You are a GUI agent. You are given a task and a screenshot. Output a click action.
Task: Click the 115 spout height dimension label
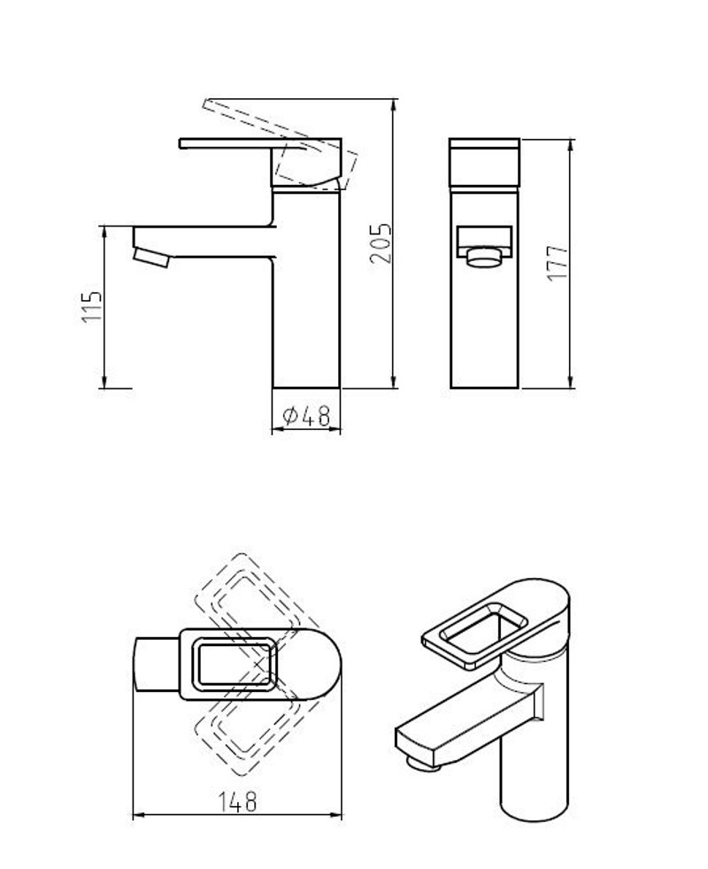point(92,306)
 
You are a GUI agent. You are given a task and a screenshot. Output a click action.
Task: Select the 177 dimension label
point(558,262)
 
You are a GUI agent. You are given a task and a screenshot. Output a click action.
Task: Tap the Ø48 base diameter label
point(306,416)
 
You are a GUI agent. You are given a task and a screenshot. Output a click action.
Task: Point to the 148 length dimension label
point(237,802)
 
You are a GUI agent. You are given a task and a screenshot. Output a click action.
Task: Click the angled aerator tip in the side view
point(151,258)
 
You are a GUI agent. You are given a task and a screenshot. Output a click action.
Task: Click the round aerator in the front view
point(485,258)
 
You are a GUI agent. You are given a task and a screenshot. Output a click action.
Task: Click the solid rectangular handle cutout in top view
point(234,664)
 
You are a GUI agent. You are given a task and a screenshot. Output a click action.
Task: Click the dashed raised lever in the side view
point(280,142)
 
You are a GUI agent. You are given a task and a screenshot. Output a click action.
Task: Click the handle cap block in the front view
point(485,163)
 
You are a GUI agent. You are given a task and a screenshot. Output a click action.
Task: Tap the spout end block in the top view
point(157,664)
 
